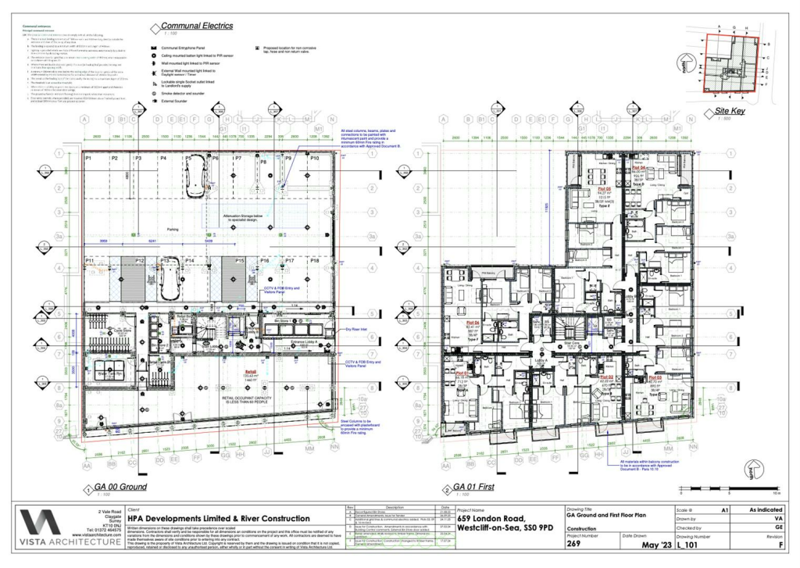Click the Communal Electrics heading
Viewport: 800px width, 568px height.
(x=198, y=26)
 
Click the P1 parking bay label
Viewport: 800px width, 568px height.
(x=89, y=159)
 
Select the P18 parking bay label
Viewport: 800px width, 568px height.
(x=315, y=260)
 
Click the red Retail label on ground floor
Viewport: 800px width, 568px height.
(x=251, y=372)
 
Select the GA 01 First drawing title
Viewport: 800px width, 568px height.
(x=473, y=487)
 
